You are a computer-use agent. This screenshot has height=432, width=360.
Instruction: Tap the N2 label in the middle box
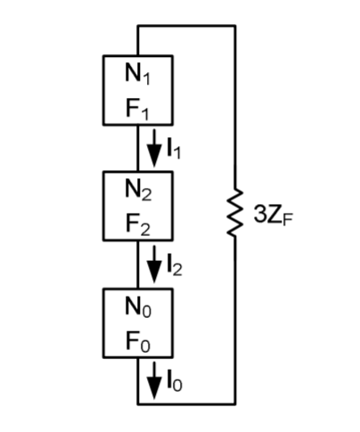138,189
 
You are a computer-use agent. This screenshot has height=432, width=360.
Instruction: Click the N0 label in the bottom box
138,306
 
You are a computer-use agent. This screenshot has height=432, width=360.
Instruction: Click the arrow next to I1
154,142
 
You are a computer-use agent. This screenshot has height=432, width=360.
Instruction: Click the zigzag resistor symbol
235,214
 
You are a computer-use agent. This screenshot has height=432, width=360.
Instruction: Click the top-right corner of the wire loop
235,27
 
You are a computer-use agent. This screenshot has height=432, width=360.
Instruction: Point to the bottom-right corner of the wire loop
235,403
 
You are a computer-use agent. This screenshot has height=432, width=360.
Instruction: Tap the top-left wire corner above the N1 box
138,27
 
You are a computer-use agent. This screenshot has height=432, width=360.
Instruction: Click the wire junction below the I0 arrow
138,403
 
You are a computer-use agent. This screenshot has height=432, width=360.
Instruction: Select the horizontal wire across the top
187,27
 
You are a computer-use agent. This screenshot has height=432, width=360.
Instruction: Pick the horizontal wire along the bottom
187,403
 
